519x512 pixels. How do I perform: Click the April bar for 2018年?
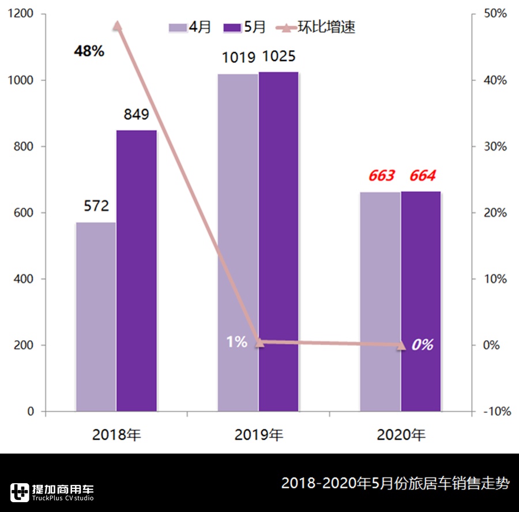(x=96, y=317)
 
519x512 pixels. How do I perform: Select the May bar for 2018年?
(x=137, y=270)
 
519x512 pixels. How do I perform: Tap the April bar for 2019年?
(x=238, y=242)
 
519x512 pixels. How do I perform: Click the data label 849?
(x=136, y=114)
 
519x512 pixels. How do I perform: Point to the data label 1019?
(x=238, y=58)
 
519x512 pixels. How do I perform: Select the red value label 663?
(x=381, y=176)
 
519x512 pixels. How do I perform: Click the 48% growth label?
(x=89, y=51)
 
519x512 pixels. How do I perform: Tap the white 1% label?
(x=236, y=342)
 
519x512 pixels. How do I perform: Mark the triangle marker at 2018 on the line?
(x=117, y=25)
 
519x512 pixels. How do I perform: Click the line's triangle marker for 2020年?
(x=401, y=345)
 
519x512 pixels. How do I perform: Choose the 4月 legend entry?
(x=191, y=27)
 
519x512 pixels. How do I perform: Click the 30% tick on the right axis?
(x=495, y=146)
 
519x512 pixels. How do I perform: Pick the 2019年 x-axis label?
(x=259, y=434)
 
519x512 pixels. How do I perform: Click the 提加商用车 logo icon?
(x=20, y=491)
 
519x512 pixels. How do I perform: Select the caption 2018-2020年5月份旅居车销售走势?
(x=395, y=483)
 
